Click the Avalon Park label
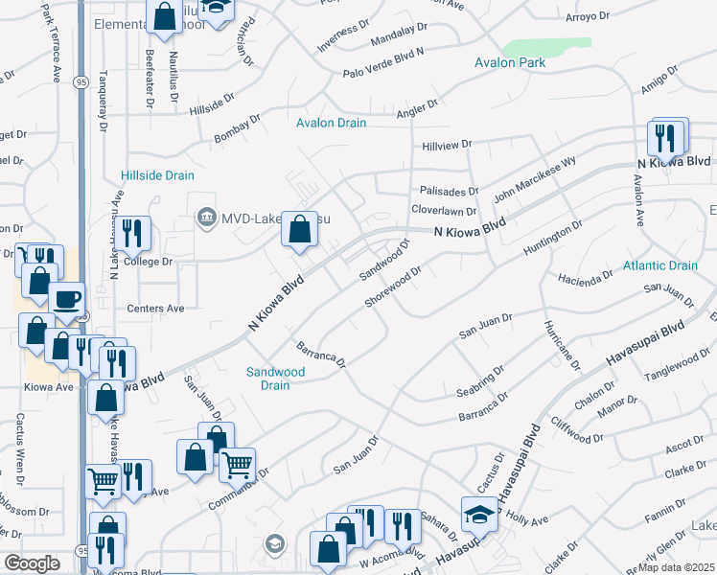(510, 63)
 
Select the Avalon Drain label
(332, 123)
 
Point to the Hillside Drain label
(157, 175)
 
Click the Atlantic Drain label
(660, 265)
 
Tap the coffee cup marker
(66, 299)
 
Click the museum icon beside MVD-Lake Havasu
(205, 218)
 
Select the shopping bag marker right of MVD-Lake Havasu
(299, 229)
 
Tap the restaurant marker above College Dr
(132, 231)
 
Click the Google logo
(32, 563)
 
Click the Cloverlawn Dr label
(444, 211)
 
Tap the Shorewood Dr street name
(393, 287)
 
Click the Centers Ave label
(155, 309)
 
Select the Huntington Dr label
(553, 238)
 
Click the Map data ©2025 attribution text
(677, 567)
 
